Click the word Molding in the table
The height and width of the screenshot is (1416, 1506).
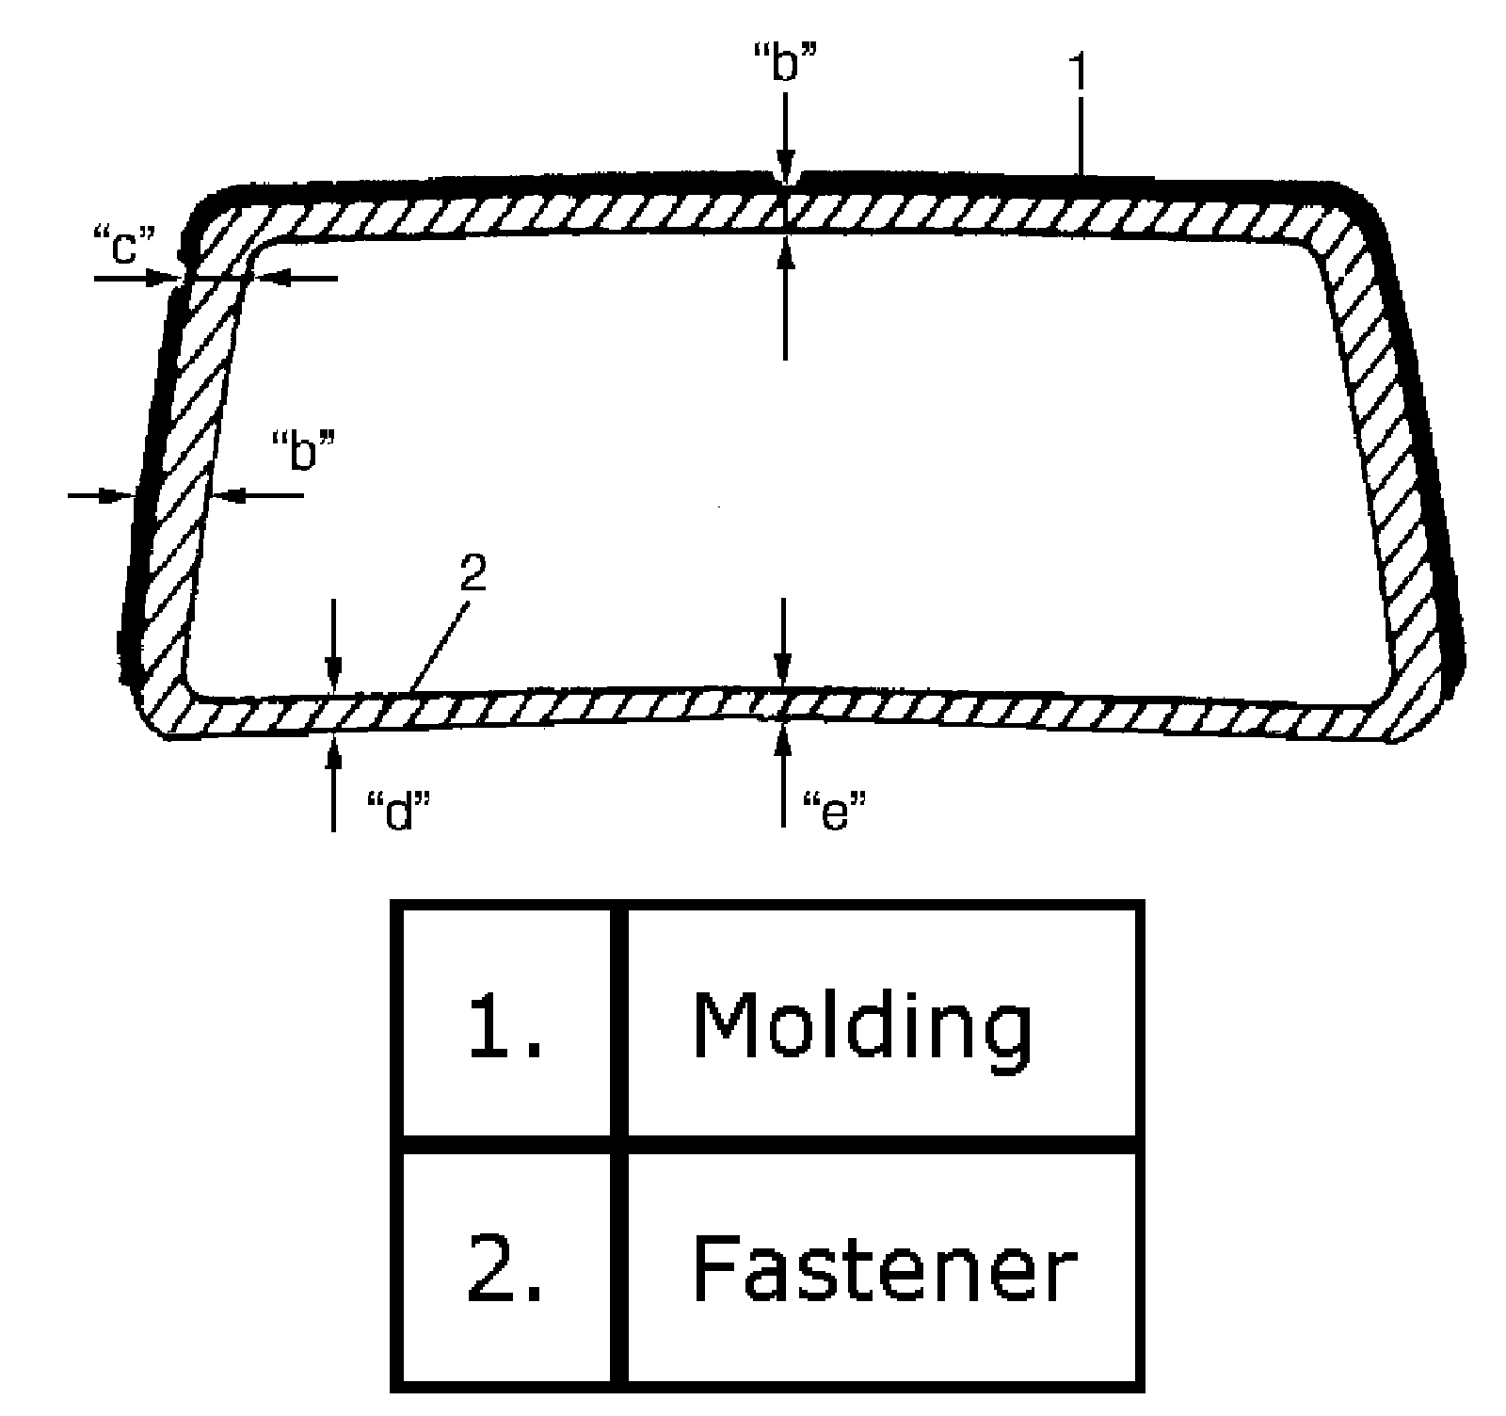861,1026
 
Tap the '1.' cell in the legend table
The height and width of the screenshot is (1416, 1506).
506,1026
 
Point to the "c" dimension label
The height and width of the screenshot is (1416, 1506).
124,247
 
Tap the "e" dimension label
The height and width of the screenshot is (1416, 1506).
832,809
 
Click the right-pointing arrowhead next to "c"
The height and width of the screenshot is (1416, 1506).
170,278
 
